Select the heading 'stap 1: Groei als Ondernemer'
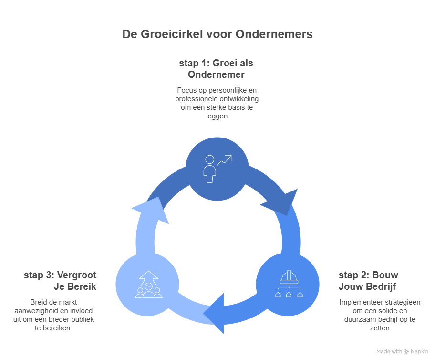click(216, 69)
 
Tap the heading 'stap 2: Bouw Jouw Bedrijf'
click(368, 281)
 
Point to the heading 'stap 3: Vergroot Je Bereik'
click(60, 281)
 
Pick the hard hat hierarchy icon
click(290, 284)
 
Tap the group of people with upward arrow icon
click(148, 285)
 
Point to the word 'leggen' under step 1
click(216, 116)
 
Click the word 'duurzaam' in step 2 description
click(360, 319)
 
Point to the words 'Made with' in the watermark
click(389, 352)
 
